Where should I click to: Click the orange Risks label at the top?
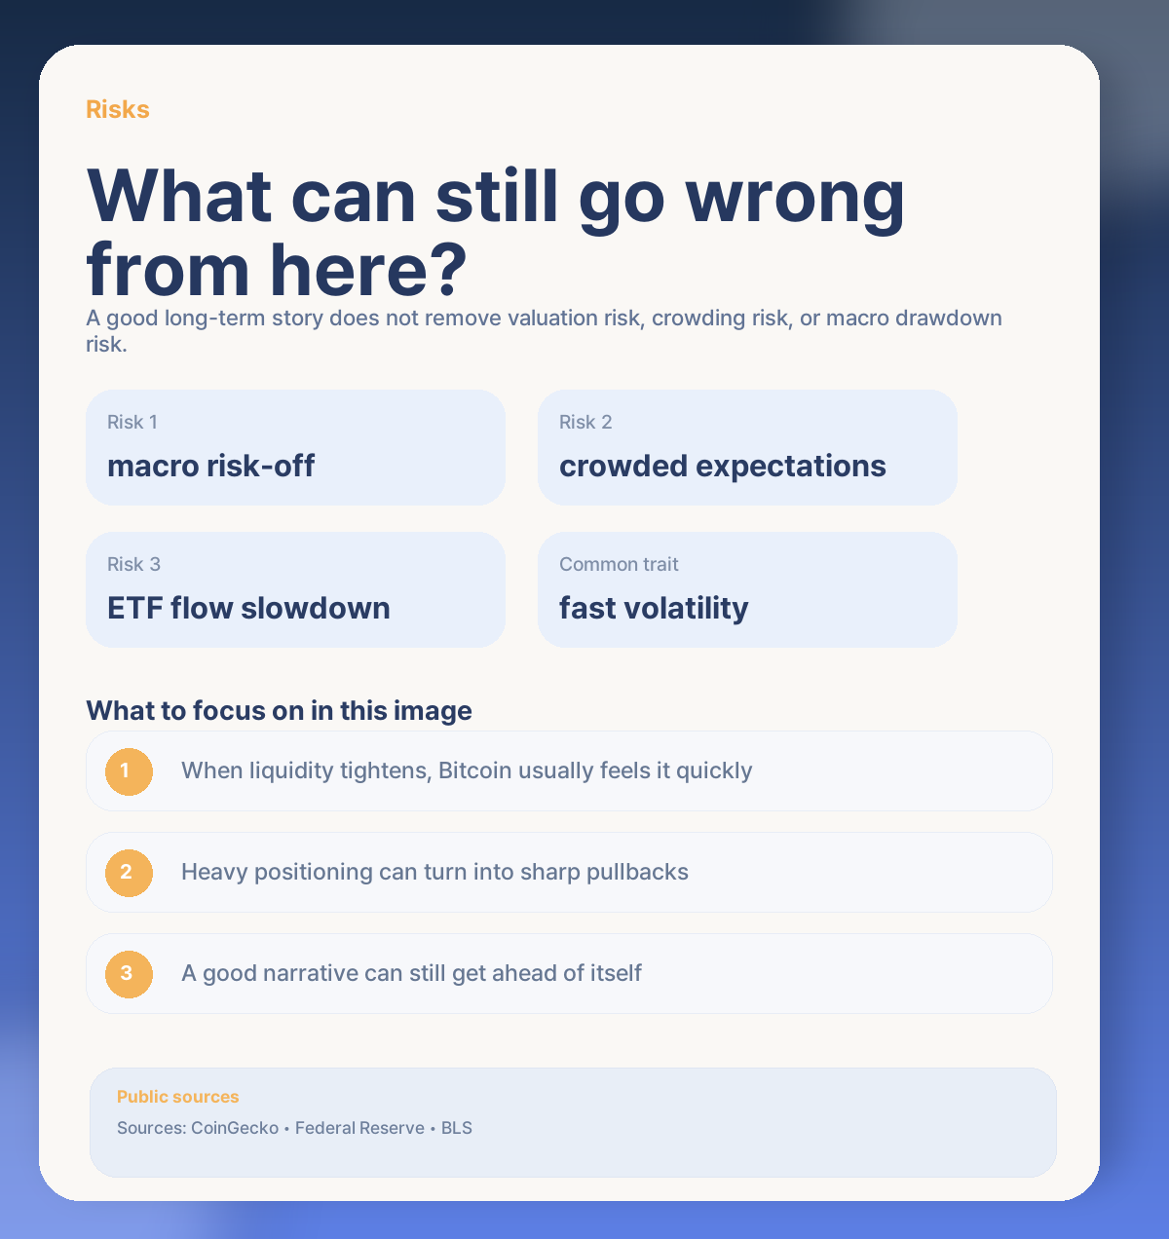[117, 109]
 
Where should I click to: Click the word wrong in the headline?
[796, 198]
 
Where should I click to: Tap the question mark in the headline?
[446, 270]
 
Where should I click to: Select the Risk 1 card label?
[132, 422]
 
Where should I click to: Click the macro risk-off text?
[210, 466]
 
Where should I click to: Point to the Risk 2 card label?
[585, 422]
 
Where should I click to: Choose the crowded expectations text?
[722, 466]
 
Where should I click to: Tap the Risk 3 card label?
[133, 564]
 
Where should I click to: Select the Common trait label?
[619, 564]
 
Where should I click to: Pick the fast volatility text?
[654, 608]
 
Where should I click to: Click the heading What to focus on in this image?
[279, 710]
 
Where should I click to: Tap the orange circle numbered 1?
[129, 771]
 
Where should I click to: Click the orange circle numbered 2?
[129, 872]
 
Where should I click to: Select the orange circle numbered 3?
[129, 973]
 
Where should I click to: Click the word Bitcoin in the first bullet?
[474, 770]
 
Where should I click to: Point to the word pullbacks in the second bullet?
[637, 872]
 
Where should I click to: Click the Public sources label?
[177, 1097]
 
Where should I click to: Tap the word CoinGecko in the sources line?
[234, 1128]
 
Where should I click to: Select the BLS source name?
[457, 1128]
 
